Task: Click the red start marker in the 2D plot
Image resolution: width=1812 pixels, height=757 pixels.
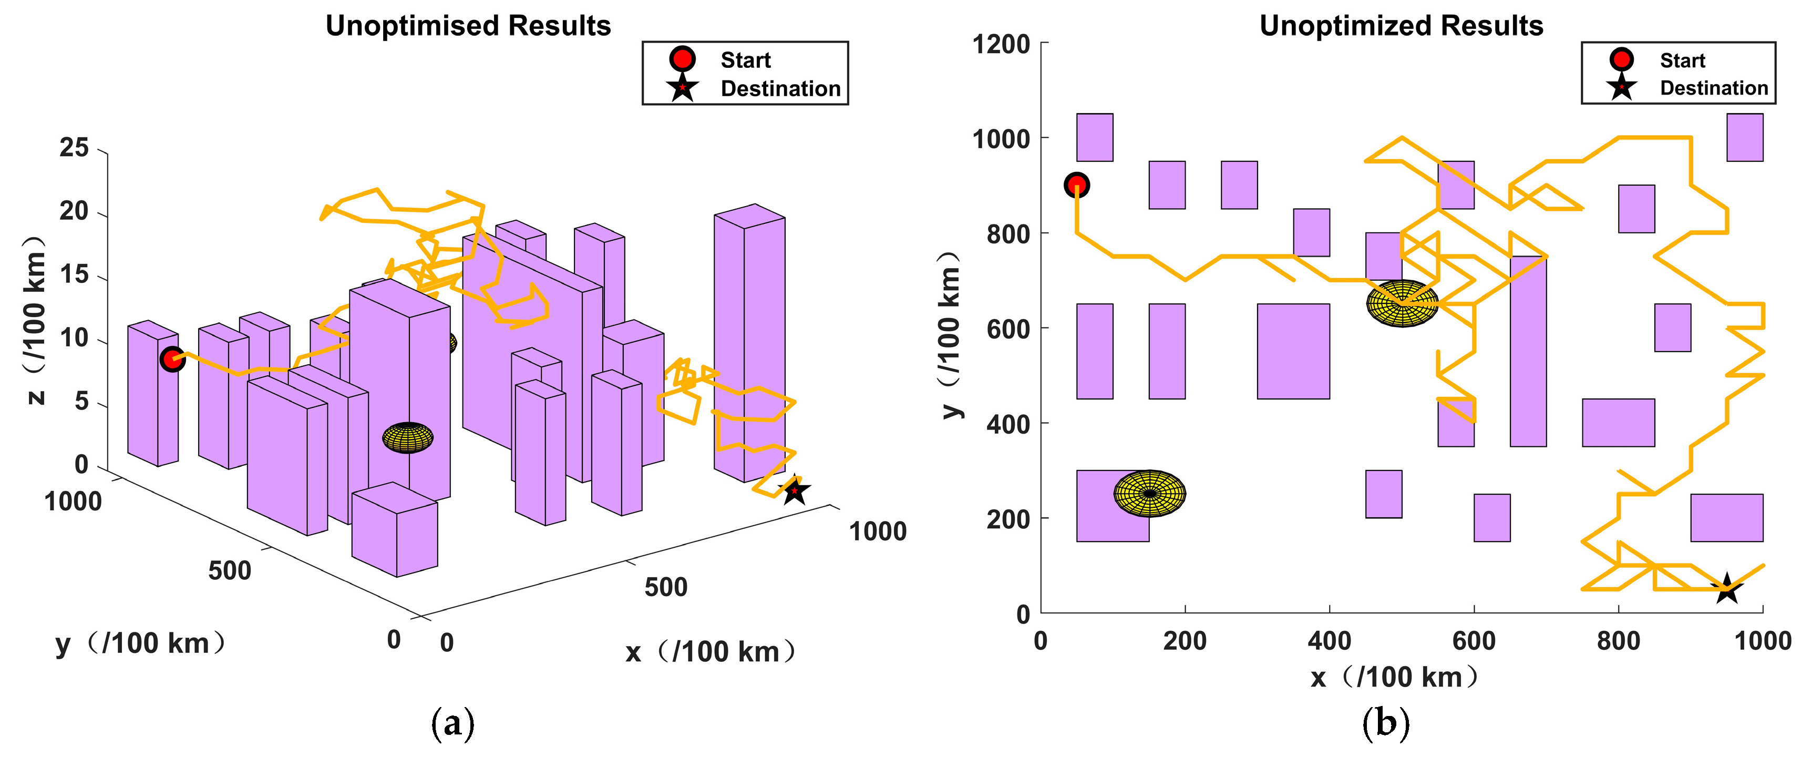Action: (1076, 185)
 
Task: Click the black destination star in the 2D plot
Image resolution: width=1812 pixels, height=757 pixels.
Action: (1727, 589)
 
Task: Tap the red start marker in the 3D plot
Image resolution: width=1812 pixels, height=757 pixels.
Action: (172, 359)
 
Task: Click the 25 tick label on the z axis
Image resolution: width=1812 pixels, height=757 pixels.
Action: (74, 148)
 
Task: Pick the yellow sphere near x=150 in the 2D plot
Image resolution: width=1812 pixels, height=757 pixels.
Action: (1149, 493)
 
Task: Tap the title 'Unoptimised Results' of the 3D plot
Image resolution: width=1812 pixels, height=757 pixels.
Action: (468, 26)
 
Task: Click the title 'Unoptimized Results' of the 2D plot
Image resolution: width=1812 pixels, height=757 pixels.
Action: (1401, 26)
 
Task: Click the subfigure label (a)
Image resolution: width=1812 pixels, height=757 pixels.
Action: (452, 723)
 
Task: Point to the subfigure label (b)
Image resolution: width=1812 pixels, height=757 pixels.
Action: (1386, 723)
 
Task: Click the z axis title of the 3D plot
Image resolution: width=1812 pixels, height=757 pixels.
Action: (35, 320)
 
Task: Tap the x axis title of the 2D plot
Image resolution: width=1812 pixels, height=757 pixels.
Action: (1396, 677)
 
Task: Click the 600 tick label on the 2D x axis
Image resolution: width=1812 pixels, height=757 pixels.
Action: (1474, 641)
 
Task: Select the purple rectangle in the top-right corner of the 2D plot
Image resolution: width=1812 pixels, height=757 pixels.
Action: (1745, 137)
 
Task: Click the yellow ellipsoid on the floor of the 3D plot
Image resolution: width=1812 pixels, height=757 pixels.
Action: (408, 437)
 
